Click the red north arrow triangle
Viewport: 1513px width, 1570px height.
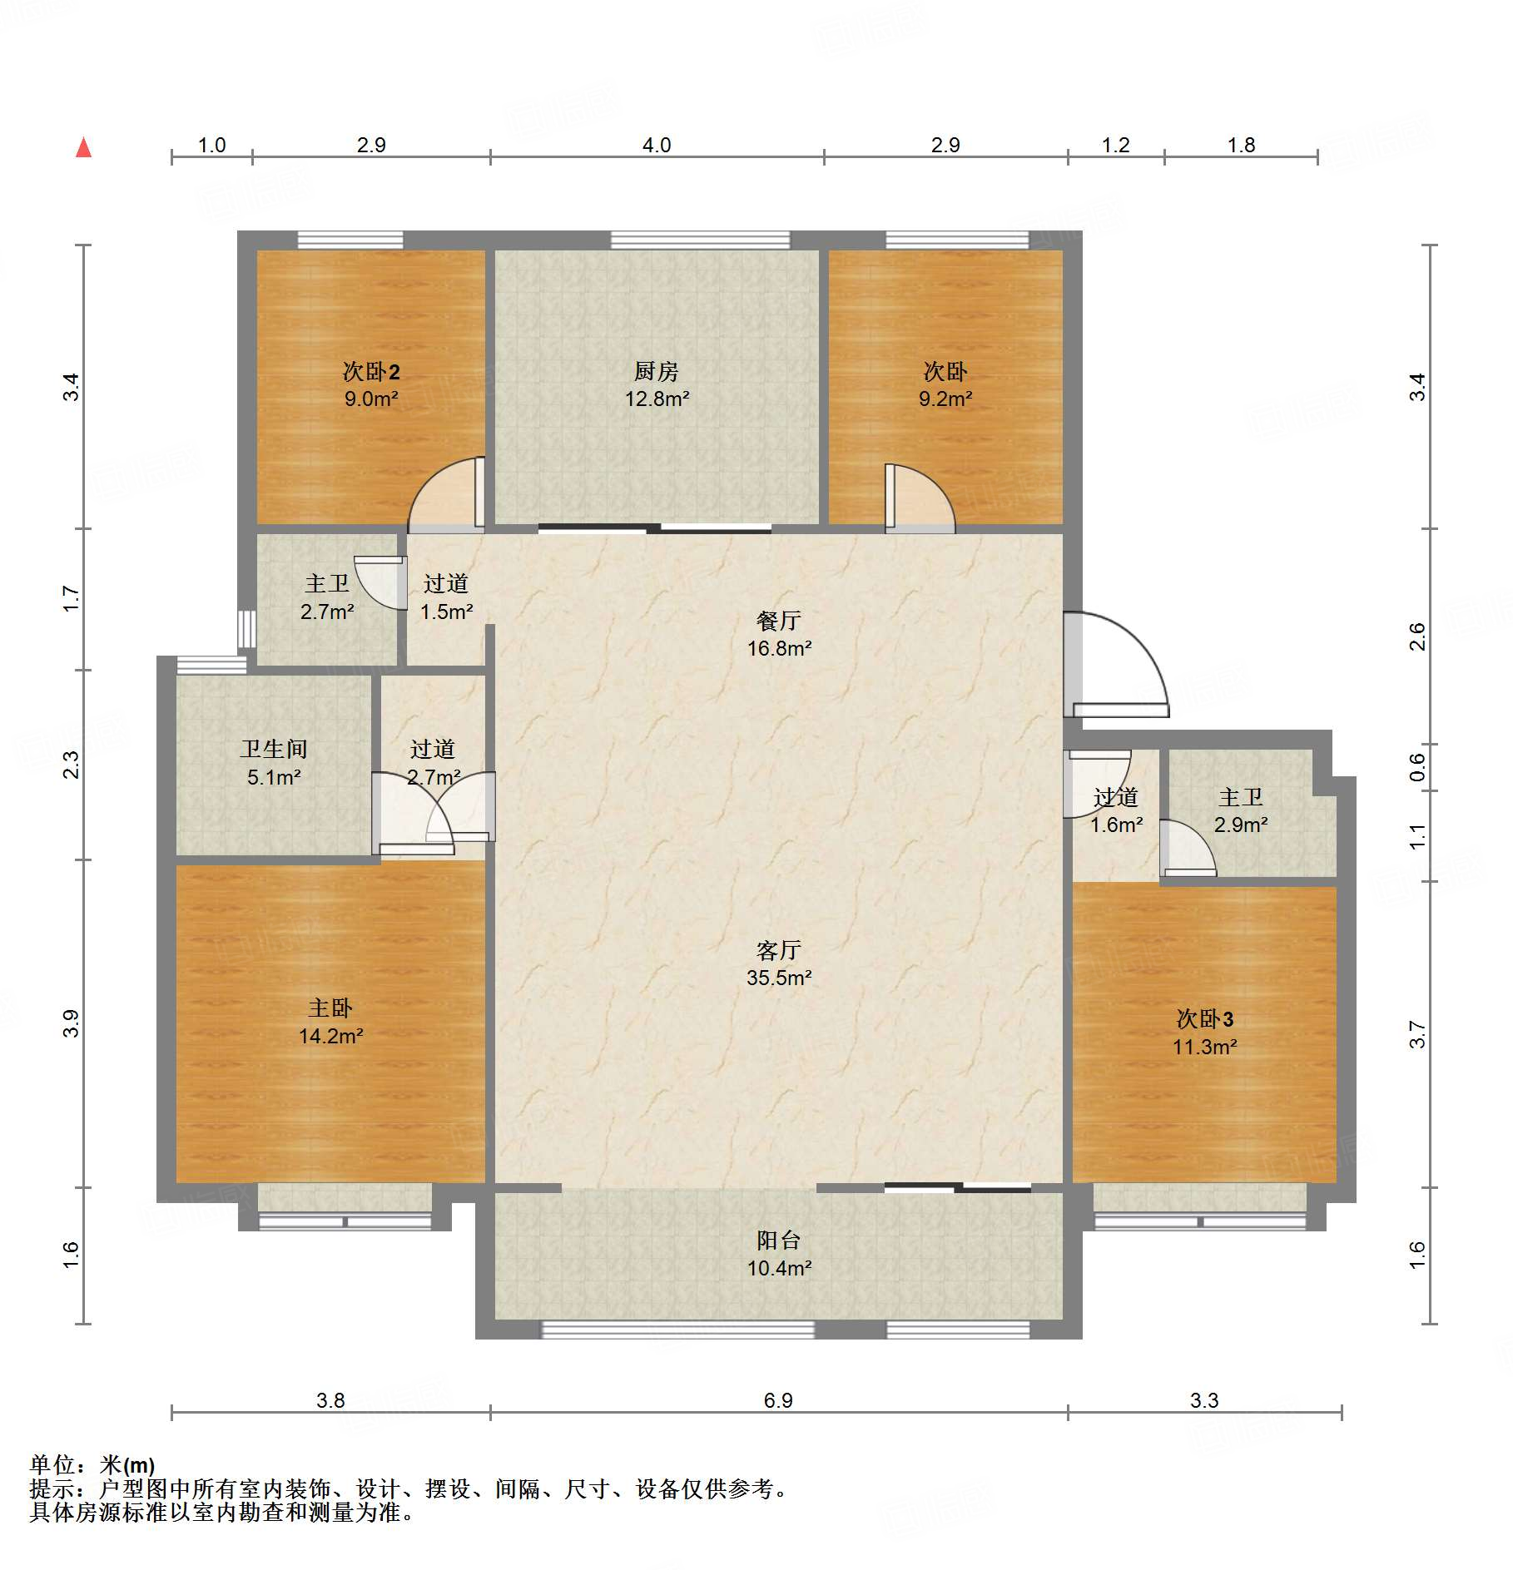tap(83, 147)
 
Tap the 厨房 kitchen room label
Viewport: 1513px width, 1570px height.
tap(657, 371)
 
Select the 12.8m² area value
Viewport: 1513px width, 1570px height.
tap(657, 399)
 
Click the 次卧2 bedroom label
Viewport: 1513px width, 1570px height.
tap(371, 371)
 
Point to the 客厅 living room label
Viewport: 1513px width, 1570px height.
tap(779, 950)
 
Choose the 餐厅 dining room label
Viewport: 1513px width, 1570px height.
tap(779, 621)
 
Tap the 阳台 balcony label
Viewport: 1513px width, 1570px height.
tap(779, 1241)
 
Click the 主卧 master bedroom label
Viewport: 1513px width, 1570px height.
tap(330, 1008)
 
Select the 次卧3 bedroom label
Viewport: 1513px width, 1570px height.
tap(1205, 1018)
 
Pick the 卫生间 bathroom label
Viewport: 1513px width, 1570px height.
tap(274, 749)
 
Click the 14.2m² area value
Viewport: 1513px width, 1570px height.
tap(331, 1037)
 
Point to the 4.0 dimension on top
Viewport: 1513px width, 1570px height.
tap(657, 146)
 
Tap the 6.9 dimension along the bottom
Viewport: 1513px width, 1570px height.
tap(778, 1401)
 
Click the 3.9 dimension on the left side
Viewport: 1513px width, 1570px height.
tap(72, 1023)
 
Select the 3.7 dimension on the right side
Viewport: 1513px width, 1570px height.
tap(1417, 1034)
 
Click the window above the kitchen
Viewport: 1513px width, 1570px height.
tap(700, 240)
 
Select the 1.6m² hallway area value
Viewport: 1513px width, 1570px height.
tap(1117, 825)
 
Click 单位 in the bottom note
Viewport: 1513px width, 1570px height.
tap(52, 1465)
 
